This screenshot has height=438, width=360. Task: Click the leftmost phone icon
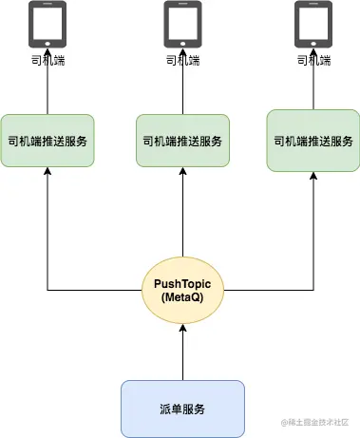pyautogui.click(x=47, y=26)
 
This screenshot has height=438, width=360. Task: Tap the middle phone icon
pyautogui.click(x=182, y=25)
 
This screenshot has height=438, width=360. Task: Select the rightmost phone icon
pyautogui.click(x=313, y=25)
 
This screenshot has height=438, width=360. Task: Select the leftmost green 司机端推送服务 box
pyautogui.click(x=47, y=141)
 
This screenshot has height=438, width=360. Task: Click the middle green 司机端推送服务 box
pyautogui.click(x=182, y=142)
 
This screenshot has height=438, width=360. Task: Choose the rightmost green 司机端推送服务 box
pyautogui.click(x=313, y=141)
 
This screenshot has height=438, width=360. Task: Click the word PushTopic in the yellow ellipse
pyautogui.click(x=182, y=283)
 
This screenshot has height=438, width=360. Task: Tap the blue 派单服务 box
pyautogui.click(x=182, y=409)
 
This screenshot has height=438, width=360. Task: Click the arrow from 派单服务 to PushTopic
pyautogui.click(x=182, y=351)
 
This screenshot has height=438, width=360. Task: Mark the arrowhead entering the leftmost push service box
pyautogui.click(x=47, y=174)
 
